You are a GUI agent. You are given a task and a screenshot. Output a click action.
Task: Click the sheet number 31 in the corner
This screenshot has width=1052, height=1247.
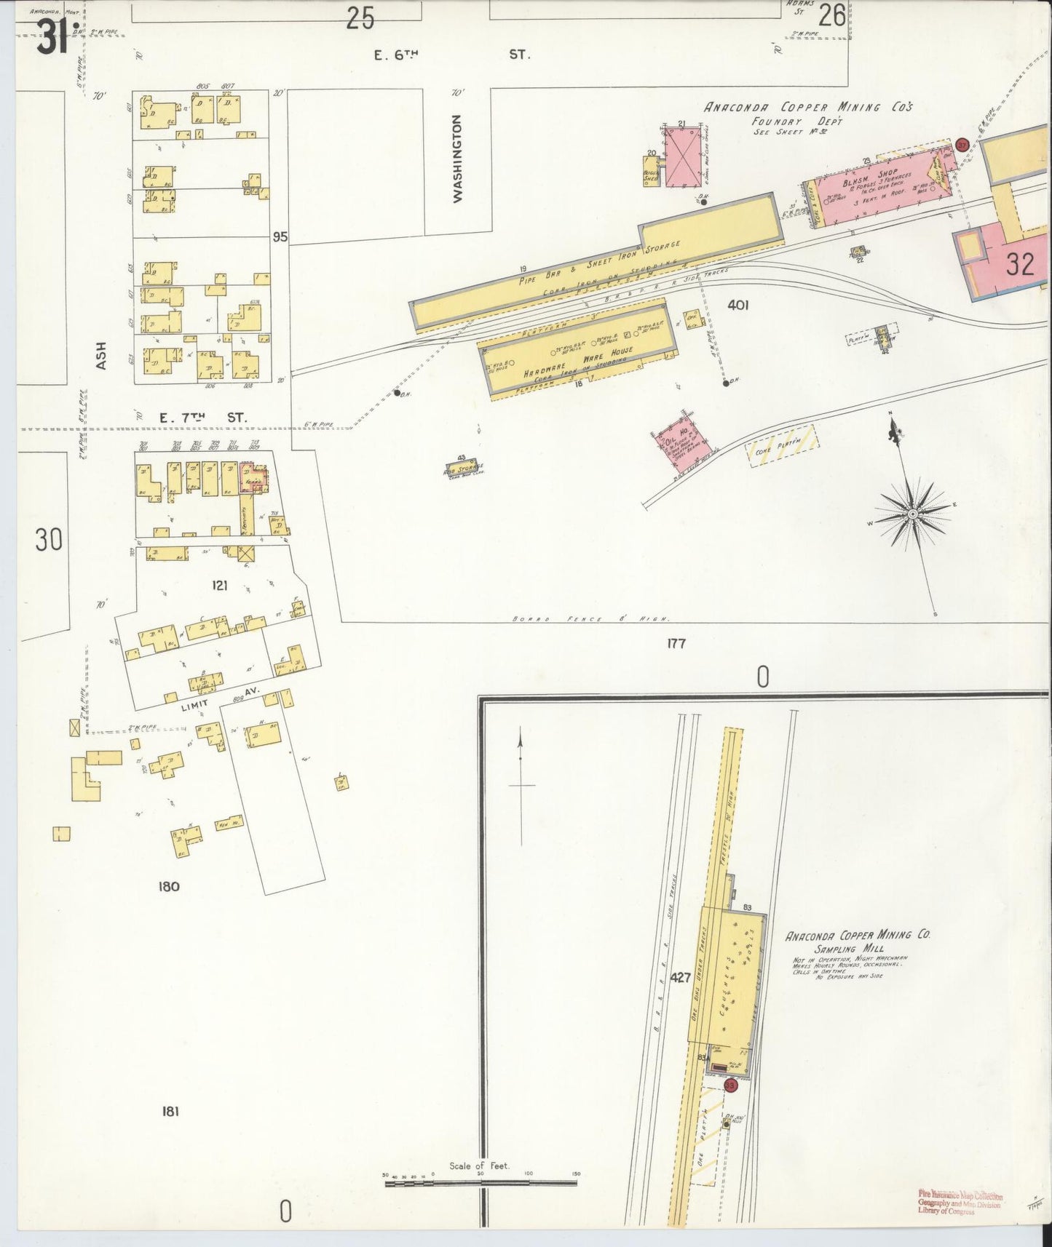[52, 36]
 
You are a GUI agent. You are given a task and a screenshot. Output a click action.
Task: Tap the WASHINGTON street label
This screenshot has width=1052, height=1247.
[458, 158]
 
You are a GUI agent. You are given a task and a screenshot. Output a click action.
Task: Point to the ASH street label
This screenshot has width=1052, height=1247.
[101, 355]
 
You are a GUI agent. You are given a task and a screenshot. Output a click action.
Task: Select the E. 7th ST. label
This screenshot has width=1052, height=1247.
[202, 418]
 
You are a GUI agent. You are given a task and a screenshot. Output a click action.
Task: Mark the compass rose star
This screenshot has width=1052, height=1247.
[911, 514]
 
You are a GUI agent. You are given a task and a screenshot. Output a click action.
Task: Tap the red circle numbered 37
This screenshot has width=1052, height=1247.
[962, 144]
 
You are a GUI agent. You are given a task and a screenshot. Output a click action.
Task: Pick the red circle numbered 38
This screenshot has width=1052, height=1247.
[731, 1085]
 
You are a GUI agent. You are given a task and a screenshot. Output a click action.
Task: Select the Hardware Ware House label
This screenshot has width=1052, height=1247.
[579, 361]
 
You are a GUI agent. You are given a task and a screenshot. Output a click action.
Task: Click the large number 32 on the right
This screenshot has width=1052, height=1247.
[1020, 264]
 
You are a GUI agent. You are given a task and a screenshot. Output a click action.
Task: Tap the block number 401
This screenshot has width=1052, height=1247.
[737, 306]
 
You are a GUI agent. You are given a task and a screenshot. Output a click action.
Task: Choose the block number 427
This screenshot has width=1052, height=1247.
[680, 978]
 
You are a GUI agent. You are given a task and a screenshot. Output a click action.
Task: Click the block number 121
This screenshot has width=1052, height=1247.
[220, 585]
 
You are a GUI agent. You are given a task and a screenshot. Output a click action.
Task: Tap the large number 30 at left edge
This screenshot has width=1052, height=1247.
[48, 540]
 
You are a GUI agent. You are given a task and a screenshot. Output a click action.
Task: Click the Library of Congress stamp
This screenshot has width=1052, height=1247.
[960, 1204]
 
